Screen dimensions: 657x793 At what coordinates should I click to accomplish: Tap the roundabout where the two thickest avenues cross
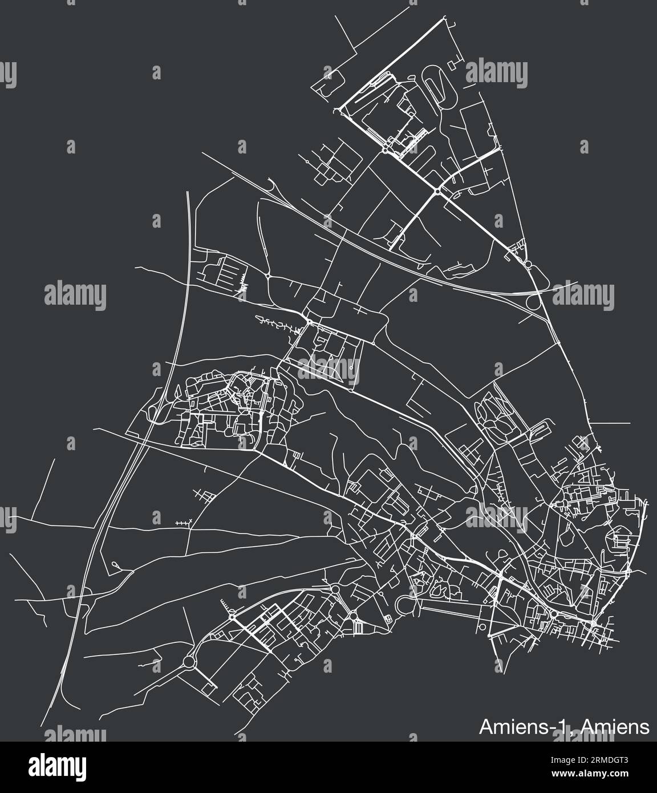[x=436, y=192]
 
